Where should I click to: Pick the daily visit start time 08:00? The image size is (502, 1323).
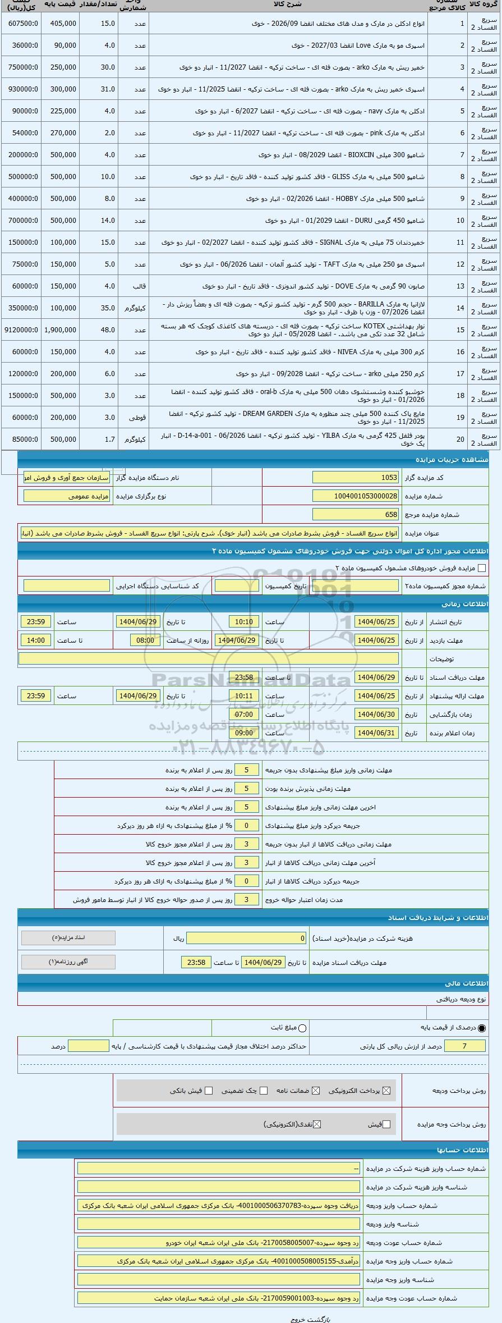[145, 640]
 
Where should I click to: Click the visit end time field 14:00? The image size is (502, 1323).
[36, 640]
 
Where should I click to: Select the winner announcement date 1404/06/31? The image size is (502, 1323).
[376, 733]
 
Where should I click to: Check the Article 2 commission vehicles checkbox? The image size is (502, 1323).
[482, 568]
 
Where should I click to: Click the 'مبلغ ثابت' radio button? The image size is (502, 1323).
[303, 1028]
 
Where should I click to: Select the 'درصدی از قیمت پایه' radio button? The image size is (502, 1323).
[482, 1028]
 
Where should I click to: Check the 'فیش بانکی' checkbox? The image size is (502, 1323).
[209, 1091]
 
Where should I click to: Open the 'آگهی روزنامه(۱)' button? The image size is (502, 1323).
[68, 962]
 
